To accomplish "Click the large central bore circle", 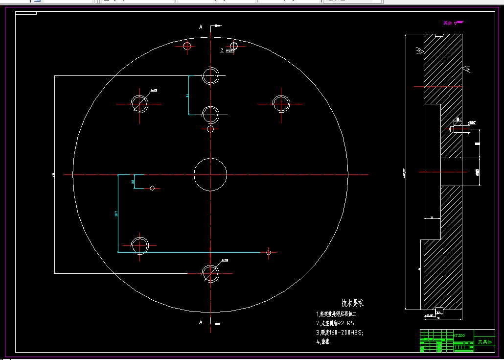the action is pyautogui.click(x=210, y=174).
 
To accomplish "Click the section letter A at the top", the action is pyautogui.click(x=201, y=27).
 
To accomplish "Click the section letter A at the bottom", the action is pyautogui.click(x=201, y=322).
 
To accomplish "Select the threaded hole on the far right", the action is pyautogui.click(x=281, y=103).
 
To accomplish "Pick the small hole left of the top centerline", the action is pyautogui.click(x=186, y=46).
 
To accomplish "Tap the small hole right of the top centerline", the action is pyautogui.click(x=234, y=46).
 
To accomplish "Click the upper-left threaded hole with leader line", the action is pyautogui.click(x=139, y=103).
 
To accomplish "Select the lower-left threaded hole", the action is pyautogui.click(x=140, y=244).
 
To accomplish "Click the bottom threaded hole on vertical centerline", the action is pyautogui.click(x=210, y=272).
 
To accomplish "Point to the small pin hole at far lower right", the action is pyautogui.click(x=268, y=252).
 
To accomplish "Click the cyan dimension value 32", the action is pyautogui.click(x=133, y=182).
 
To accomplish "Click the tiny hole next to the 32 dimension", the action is pyautogui.click(x=152, y=188).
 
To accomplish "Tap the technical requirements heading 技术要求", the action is pyautogui.click(x=352, y=303).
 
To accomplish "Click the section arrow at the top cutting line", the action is pyautogui.click(x=216, y=26).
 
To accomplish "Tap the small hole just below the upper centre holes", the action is pyautogui.click(x=210, y=129).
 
